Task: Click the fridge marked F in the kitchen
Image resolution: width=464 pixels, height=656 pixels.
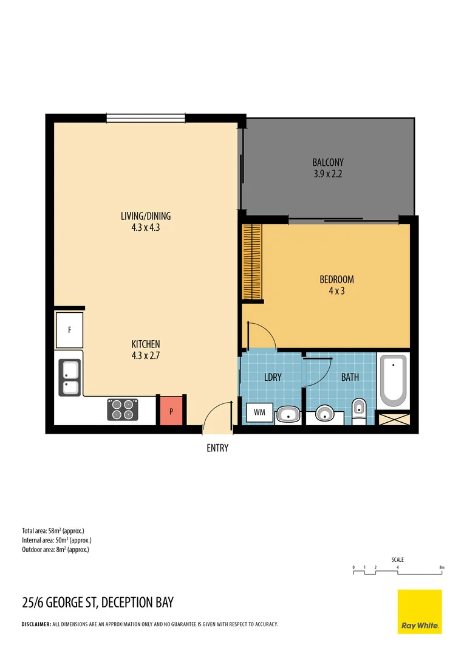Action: point(69,330)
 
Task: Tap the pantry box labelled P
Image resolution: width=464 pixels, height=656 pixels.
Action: point(171,411)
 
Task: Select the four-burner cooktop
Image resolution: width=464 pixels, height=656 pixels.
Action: point(123,409)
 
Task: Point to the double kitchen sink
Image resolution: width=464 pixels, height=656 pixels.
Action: point(69,378)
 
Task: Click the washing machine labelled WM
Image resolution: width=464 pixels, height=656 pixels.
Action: point(259,412)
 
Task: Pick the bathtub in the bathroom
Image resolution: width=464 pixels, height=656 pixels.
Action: point(393,381)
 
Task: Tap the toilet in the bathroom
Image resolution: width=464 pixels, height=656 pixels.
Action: point(359,411)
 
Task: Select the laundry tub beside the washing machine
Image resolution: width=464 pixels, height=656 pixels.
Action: point(288,415)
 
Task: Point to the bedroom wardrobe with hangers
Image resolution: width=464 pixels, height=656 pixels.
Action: point(252,262)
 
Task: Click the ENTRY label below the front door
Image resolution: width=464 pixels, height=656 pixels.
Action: point(217,448)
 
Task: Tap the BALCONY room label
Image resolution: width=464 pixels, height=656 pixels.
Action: point(328,162)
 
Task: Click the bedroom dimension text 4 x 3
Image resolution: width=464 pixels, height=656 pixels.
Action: point(337,291)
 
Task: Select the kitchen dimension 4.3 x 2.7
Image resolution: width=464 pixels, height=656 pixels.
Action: point(146,355)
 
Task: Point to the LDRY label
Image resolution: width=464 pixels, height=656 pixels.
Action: point(273,377)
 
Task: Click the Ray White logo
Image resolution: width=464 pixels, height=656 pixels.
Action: point(420,612)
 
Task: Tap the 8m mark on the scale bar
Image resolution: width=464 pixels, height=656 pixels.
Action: point(442,568)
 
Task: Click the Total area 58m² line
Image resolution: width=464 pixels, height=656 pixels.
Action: point(53,531)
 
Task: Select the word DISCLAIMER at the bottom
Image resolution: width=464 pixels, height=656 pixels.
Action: point(36,624)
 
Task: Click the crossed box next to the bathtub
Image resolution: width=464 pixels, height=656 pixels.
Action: point(394,419)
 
